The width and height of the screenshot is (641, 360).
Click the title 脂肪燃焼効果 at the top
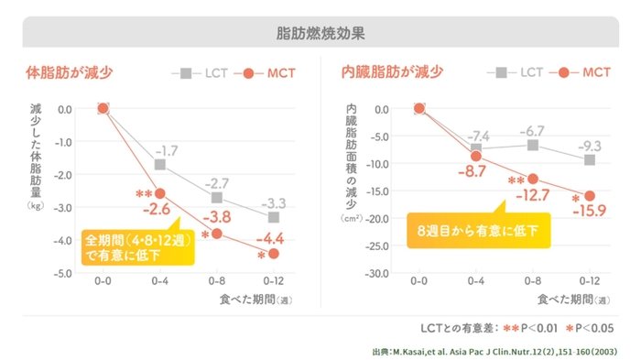[320, 33]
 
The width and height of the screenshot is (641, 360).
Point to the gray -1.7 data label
[166, 150]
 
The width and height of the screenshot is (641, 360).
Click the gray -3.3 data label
[274, 202]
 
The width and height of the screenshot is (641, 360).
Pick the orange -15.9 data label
[589, 212]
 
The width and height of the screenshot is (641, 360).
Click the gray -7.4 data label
[479, 136]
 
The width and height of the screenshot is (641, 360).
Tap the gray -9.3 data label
[590, 145]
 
